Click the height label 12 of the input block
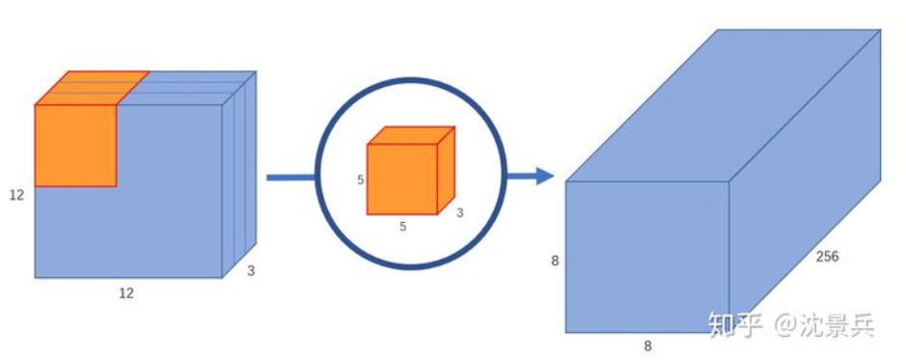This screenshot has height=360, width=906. (16, 195)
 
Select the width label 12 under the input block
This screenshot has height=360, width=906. (125, 293)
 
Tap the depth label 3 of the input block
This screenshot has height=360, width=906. (251, 271)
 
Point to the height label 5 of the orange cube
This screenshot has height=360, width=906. (361, 180)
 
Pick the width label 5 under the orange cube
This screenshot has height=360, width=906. (402, 227)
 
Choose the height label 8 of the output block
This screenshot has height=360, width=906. (555, 261)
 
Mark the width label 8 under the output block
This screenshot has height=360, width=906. (647, 345)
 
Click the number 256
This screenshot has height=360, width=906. (828, 257)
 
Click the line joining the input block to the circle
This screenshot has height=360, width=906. (289, 177)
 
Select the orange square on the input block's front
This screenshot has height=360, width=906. (75, 145)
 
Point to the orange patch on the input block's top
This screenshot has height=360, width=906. (91, 88)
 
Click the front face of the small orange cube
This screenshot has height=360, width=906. (402, 179)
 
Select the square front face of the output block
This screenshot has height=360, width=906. (646, 257)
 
